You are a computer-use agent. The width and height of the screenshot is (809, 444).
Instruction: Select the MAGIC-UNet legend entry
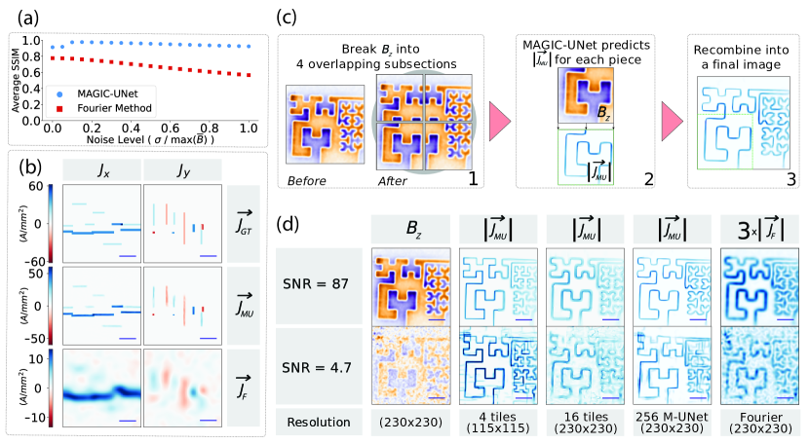(103, 92)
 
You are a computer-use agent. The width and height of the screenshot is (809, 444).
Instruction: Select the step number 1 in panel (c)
(470, 178)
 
